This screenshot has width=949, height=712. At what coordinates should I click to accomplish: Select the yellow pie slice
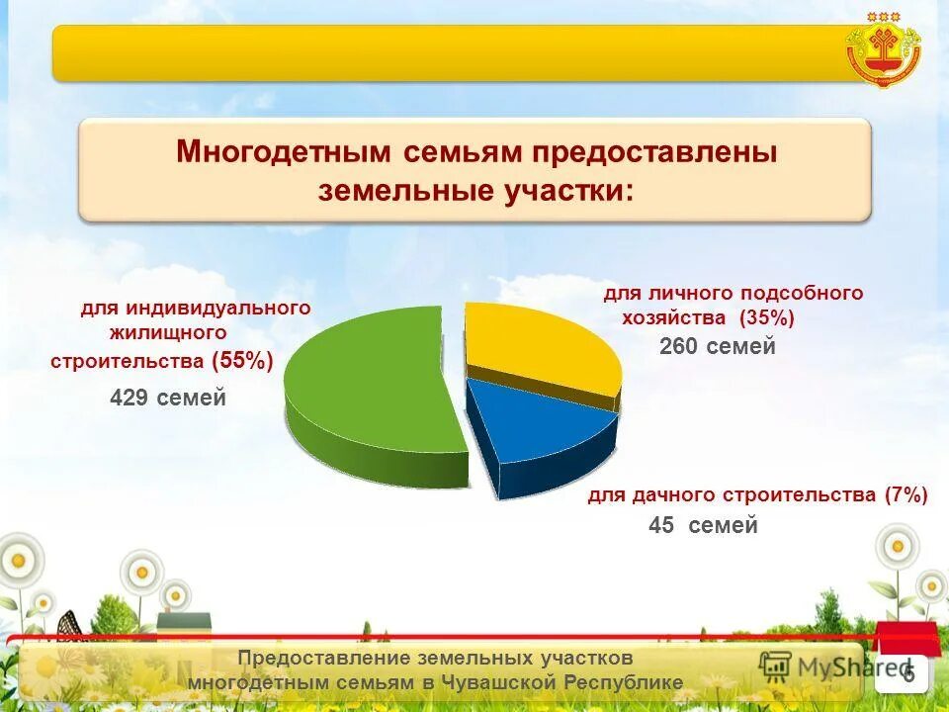pos(539,346)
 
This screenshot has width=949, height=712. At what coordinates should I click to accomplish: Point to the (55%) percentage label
pos(242,361)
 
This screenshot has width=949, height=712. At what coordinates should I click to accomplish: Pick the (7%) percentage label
pos(906,494)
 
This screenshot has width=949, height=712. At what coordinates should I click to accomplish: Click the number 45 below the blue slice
pos(660,526)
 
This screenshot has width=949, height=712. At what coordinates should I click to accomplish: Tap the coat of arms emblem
pos(883,49)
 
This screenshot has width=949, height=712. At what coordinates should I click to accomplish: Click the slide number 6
pos(907,674)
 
